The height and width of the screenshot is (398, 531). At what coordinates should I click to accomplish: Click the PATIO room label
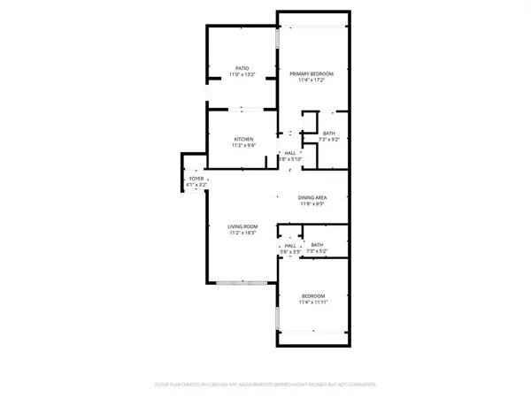[242, 68]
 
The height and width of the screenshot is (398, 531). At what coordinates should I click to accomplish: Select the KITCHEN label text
[244, 140]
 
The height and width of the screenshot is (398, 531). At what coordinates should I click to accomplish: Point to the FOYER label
[196, 179]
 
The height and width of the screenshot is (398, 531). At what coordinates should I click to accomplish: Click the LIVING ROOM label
[244, 227]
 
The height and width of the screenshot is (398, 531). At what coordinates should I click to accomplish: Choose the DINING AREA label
[313, 197]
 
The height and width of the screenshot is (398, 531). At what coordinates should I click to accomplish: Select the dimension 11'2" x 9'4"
[244, 147]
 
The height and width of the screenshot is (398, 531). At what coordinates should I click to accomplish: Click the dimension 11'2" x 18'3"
[244, 234]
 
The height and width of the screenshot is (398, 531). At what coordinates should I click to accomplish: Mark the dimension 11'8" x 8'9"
[313, 205]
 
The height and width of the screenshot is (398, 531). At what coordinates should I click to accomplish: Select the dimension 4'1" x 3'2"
[196, 186]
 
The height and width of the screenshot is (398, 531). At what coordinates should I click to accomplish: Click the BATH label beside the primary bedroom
[329, 133]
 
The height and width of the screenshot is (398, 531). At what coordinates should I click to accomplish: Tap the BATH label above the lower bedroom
[318, 246]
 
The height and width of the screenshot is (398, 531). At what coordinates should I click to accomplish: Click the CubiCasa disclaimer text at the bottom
[265, 386]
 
